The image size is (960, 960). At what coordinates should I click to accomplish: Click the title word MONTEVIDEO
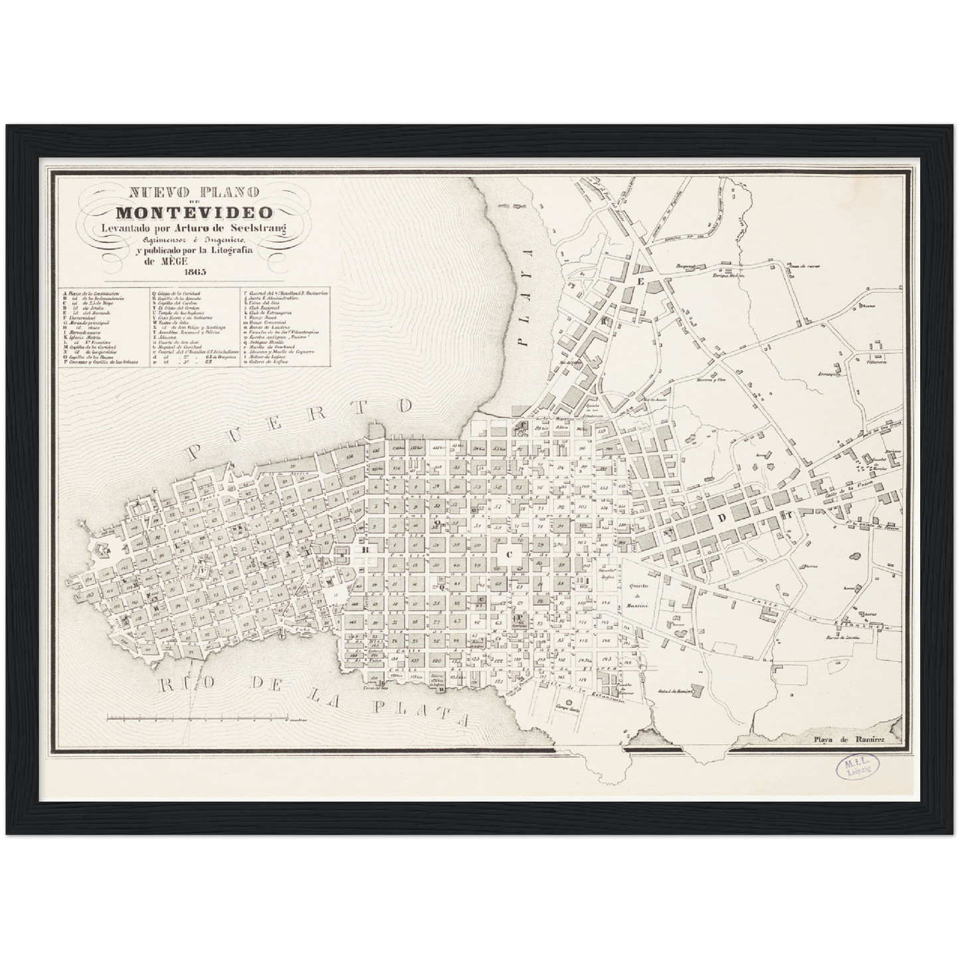pos(194,213)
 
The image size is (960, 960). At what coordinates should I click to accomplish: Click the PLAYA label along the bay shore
pos(528,298)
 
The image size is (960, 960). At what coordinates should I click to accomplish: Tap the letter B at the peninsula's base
pos(364,550)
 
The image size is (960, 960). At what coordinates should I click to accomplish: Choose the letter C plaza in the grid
pos(510,553)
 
